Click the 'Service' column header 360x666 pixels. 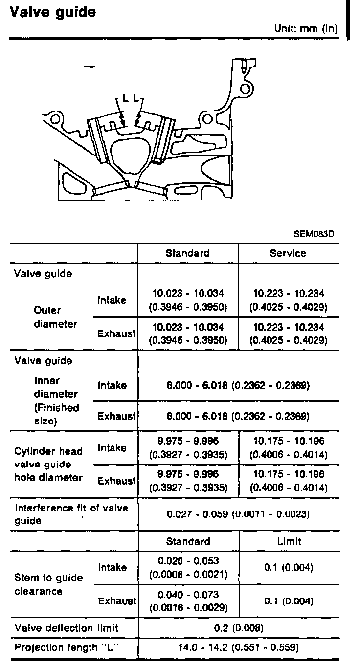click(x=288, y=253)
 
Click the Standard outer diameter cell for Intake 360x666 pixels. click(x=188, y=300)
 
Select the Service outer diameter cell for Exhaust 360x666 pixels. click(x=288, y=333)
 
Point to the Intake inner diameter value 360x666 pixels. click(x=239, y=385)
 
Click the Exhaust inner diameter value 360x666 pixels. click(x=239, y=416)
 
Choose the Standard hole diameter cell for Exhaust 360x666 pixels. click(x=188, y=481)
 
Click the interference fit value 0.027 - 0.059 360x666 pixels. click(x=239, y=515)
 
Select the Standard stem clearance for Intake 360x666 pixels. click(x=188, y=567)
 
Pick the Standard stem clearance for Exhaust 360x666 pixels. click(x=188, y=601)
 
